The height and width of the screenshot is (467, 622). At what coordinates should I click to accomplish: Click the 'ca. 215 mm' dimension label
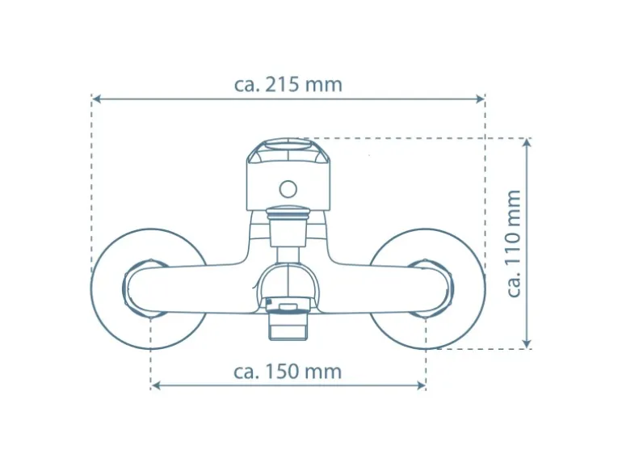pyautogui.click(x=288, y=85)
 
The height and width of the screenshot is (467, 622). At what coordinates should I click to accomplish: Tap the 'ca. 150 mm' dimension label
pyautogui.click(x=288, y=372)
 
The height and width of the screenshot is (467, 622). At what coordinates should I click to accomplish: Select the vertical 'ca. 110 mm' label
pyautogui.click(x=515, y=243)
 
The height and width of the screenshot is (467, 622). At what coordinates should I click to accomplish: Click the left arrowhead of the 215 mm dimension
pyautogui.click(x=96, y=99)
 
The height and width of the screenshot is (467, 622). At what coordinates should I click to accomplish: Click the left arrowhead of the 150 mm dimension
pyautogui.click(x=156, y=385)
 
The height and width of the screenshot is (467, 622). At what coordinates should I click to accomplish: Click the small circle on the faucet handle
pyautogui.click(x=288, y=190)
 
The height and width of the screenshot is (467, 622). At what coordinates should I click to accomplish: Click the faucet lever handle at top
pyautogui.click(x=288, y=174)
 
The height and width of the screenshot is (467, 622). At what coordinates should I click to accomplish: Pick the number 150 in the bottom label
pyautogui.click(x=284, y=372)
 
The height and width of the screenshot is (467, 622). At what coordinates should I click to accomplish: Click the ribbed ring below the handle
pyautogui.click(x=288, y=214)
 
